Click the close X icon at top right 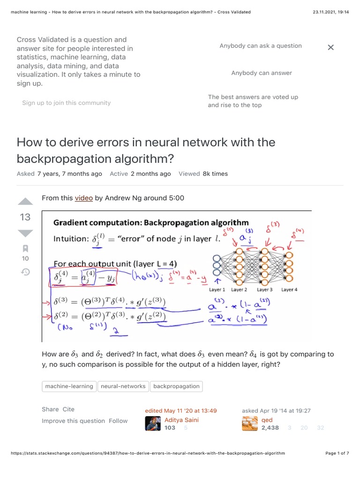tap(330, 47)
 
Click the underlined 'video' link tap(84, 198)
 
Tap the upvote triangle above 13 tap(25, 202)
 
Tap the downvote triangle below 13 tap(25, 233)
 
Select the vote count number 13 tap(25, 217)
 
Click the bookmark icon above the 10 tap(25, 248)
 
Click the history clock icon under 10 tap(25, 272)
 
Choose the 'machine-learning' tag tap(69, 386)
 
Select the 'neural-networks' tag tap(123, 386)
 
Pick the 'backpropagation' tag tap(176, 386)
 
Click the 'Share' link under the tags tap(50, 409)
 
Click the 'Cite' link tap(68, 409)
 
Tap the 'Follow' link tap(118, 421)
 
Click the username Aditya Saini tap(181, 420)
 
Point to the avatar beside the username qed tap(250, 423)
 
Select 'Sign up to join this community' tap(67, 103)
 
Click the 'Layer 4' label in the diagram tap(289, 290)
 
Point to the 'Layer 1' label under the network tap(217, 290)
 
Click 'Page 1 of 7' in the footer tap(337, 453)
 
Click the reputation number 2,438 tap(270, 427)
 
